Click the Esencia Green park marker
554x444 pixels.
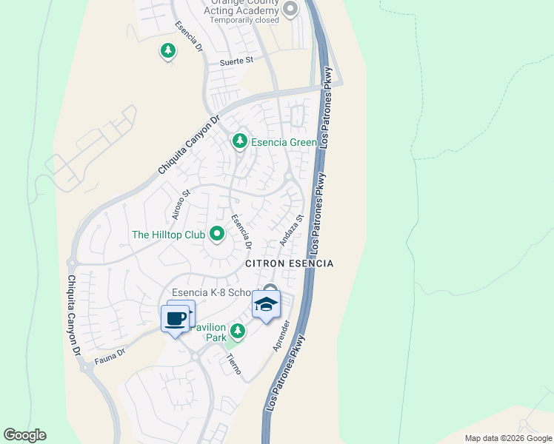click(239, 141)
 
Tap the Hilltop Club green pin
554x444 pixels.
click(217, 235)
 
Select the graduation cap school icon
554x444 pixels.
click(267, 304)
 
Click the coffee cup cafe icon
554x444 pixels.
click(175, 319)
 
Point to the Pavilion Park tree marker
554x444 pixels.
click(237, 330)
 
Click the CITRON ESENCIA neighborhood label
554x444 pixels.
click(290, 263)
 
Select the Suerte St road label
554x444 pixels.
click(236, 61)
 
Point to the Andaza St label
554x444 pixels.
click(292, 230)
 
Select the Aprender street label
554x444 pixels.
click(284, 334)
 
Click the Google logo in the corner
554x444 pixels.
click(24, 435)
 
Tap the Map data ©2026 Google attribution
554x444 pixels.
click(507, 438)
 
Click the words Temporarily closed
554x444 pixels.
click(244, 20)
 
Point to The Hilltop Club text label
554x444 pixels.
click(168, 235)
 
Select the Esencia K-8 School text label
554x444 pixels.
click(215, 292)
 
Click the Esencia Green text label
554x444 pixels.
click(284, 143)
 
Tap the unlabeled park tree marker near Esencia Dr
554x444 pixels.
click(168, 51)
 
